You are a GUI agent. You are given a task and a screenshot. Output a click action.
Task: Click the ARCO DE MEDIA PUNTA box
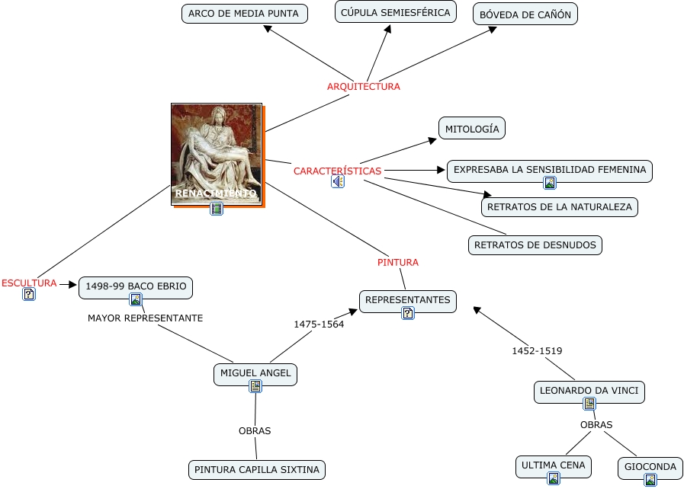point(244,14)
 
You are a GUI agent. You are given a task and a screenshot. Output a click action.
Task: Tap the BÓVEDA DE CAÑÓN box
point(525,14)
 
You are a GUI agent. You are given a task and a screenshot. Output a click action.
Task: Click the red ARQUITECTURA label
point(363,86)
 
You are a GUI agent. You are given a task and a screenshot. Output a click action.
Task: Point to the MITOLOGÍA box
point(472,129)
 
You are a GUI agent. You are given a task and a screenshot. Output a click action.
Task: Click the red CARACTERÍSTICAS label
point(337,171)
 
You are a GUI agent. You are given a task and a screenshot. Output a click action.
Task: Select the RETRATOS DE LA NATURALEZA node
point(560,206)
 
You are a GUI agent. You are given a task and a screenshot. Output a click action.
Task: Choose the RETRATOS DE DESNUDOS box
point(535,244)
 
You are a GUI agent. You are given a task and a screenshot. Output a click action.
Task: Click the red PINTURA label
point(397,262)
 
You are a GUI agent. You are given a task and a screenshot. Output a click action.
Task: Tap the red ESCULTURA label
point(29,283)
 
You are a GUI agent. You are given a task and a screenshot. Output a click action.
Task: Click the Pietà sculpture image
point(217,152)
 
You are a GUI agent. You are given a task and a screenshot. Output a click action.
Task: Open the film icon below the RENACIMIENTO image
point(217,209)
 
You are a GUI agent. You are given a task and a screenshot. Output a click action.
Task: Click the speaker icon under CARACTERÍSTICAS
point(337,182)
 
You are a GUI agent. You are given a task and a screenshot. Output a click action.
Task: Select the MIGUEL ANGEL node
point(255,373)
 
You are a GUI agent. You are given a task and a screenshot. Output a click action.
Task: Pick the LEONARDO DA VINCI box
point(589,392)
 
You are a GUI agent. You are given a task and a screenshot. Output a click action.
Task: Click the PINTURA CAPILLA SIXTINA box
point(257,469)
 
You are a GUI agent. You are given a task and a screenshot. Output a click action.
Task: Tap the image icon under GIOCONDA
point(650,480)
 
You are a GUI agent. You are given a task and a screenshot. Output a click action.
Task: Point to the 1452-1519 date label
point(536,350)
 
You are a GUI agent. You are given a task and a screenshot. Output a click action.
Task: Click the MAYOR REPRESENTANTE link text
point(145,318)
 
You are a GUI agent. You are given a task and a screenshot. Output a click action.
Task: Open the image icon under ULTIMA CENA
point(553,478)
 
